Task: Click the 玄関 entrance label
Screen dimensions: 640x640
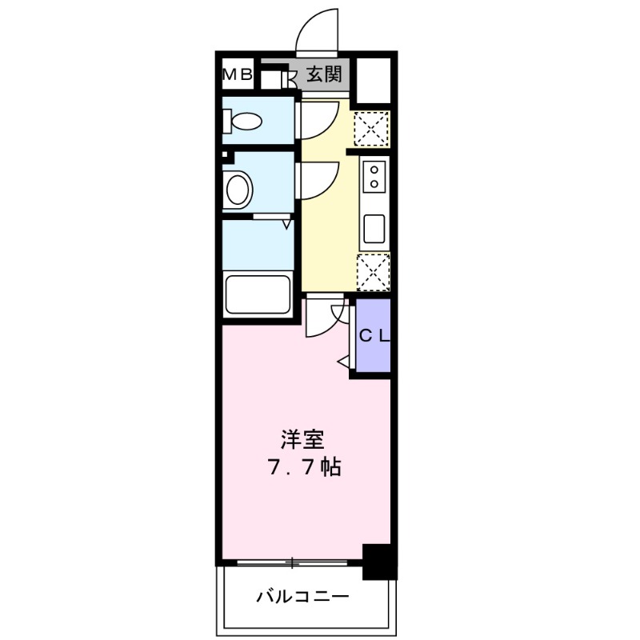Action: point(324,75)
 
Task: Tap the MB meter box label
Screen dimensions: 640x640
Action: point(237,75)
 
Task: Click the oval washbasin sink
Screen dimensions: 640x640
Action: point(238,190)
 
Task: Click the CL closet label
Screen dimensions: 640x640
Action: point(373,337)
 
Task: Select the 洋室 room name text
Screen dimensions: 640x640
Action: point(302,439)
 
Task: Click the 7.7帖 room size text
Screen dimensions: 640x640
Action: point(303,467)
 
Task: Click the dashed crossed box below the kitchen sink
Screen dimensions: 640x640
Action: point(373,271)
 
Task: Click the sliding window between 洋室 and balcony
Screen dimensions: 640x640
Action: point(293,562)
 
